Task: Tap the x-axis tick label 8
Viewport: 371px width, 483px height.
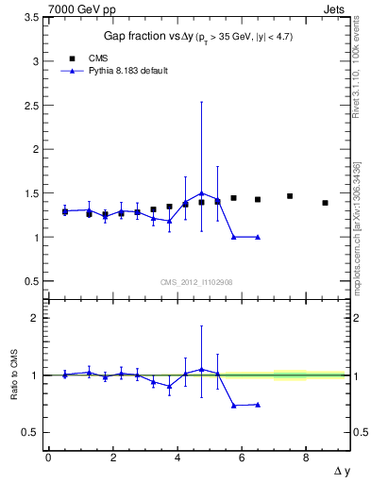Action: [307, 458]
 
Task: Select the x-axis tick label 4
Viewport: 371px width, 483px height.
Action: [177, 458]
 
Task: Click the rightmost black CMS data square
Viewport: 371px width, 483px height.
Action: [325, 203]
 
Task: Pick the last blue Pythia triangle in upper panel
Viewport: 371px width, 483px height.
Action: [258, 237]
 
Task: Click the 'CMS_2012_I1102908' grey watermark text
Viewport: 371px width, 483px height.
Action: [194, 282]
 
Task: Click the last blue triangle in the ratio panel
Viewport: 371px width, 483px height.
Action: [258, 405]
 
